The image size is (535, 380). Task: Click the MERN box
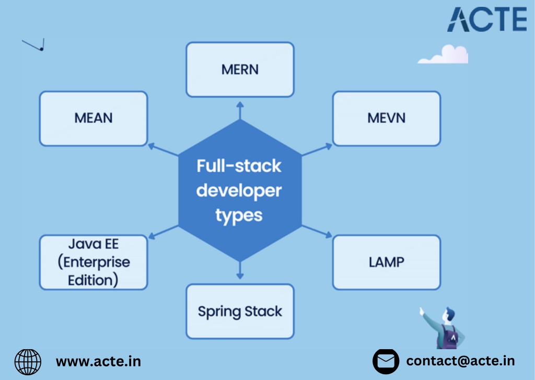pos(240,70)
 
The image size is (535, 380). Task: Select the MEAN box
pos(94,119)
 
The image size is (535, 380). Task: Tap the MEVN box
pos(387,119)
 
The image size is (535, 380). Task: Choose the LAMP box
pos(387,262)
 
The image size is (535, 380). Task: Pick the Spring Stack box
pos(240,312)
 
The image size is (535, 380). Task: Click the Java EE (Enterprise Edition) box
pos(94,262)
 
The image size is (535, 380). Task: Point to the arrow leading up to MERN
pos(240,110)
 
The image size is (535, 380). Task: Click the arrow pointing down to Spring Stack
pos(240,270)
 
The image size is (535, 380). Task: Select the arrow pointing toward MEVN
pos(317,149)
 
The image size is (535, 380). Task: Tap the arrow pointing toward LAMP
pos(317,231)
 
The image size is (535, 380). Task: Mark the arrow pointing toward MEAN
pos(163,149)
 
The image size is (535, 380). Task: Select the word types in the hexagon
pos(239,216)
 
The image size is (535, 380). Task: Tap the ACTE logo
pos(487,20)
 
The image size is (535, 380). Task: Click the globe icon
pos(28,362)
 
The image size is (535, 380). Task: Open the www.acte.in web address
pos(98,362)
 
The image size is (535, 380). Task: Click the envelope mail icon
pos(386,361)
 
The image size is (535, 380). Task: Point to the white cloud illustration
pos(443,55)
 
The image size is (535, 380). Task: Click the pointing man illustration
pos(443,328)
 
